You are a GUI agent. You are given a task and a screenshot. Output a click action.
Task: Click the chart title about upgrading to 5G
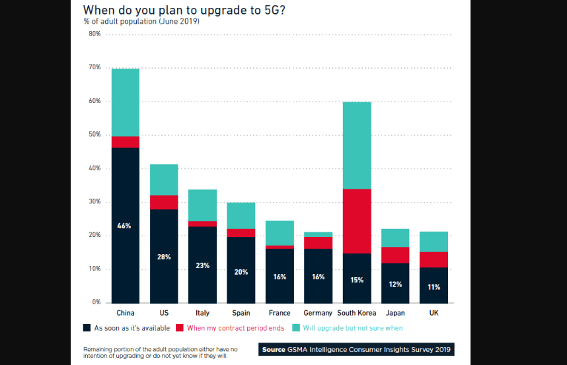(x=184, y=11)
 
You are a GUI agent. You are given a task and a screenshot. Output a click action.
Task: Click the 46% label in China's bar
(x=125, y=226)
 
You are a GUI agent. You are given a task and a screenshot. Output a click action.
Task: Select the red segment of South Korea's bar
(x=357, y=221)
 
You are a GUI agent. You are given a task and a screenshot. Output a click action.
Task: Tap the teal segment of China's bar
(x=125, y=102)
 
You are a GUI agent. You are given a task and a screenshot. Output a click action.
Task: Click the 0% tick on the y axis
(x=95, y=302)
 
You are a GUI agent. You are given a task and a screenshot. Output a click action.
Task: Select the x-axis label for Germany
(x=318, y=313)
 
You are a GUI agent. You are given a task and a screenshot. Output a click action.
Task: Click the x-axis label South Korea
(x=357, y=313)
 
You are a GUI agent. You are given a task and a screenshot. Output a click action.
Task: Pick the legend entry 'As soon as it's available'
(x=127, y=328)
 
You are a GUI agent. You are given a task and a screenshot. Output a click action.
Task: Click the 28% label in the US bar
(x=164, y=257)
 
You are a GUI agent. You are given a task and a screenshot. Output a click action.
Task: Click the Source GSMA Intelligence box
(x=356, y=349)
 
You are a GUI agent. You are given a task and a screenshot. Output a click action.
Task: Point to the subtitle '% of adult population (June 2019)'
(x=141, y=22)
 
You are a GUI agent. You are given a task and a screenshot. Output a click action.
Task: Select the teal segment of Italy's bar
(x=202, y=205)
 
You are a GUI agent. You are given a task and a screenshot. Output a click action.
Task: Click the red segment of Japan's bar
(x=395, y=255)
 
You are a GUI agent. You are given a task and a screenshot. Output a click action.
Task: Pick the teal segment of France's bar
(x=280, y=233)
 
